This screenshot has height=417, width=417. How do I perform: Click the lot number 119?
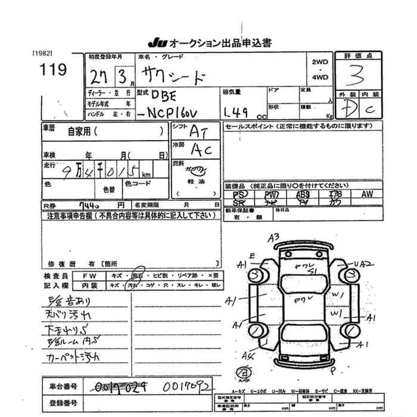[54, 69]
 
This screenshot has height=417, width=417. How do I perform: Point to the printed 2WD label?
[319, 61]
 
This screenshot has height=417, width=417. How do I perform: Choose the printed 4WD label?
[319, 77]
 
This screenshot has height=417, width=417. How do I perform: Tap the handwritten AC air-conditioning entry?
[200, 150]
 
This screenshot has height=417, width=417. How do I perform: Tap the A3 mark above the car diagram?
[274, 236]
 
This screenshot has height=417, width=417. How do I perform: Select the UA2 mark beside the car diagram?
[362, 263]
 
